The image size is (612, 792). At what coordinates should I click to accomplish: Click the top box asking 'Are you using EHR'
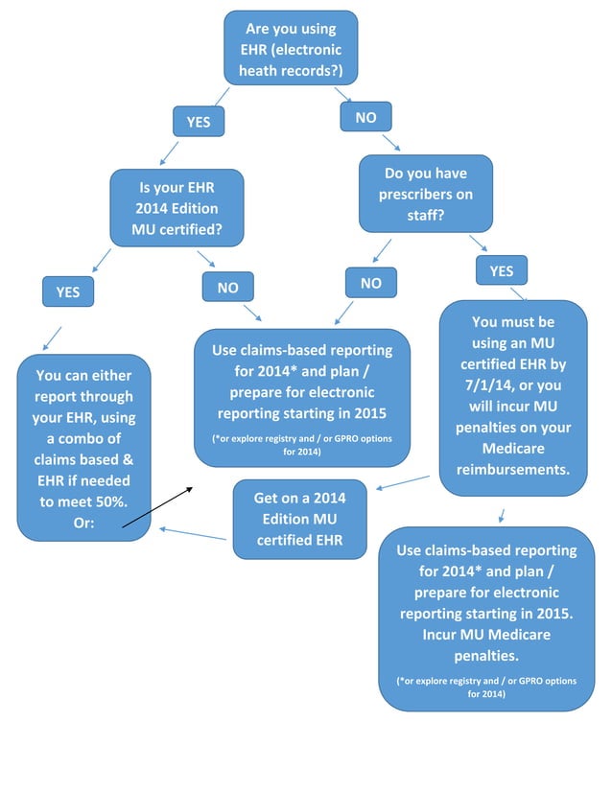(291, 48)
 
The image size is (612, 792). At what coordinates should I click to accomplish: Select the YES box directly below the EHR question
(198, 122)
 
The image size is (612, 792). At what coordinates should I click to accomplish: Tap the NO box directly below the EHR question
(365, 117)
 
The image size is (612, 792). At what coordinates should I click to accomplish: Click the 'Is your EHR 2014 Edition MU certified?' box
(177, 208)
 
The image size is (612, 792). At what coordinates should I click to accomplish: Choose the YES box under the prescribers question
(501, 271)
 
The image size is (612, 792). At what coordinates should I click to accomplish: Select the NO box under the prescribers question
(370, 283)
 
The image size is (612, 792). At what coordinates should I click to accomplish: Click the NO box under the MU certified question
(227, 287)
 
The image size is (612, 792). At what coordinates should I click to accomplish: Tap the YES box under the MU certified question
(68, 291)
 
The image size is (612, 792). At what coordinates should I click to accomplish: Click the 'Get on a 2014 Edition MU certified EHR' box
(299, 519)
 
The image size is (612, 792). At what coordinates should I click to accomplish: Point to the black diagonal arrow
(157, 507)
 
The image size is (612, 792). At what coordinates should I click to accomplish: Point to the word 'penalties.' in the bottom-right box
(487, 656)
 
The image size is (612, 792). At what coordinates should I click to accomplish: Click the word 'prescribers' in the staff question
(425, 195)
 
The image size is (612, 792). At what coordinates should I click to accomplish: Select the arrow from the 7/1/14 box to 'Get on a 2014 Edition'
(403, 482)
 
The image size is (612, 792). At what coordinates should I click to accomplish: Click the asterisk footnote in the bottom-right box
(487, 687)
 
